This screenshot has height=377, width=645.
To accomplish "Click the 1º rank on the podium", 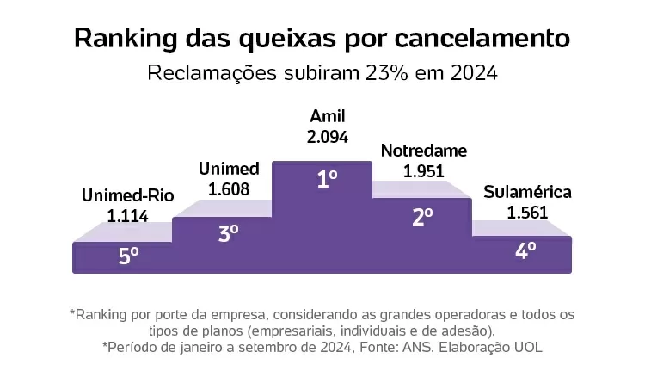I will click(326, 181).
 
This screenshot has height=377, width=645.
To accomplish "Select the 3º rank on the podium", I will click(228, 232).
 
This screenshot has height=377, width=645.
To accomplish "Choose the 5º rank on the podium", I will click(128, 256).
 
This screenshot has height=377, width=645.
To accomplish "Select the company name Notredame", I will click(423, 151).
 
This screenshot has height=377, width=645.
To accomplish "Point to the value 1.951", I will click(423, 170).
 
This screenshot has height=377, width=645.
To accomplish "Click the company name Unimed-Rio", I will click(127, 195).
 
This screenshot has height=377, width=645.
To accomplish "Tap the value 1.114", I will click(127, 215).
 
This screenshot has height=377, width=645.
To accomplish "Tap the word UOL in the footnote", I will click(527, 347).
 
